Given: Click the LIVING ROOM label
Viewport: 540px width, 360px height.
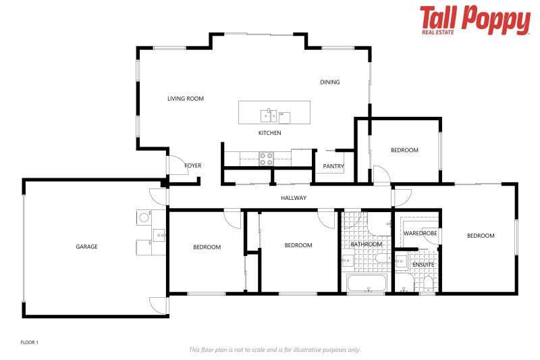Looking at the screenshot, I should pos(186,99).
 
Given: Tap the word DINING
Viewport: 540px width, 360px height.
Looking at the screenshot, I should pos(330,82).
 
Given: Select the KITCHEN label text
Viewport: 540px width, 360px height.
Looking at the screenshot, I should pos(270,133).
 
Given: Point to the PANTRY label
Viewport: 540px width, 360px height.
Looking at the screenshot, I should pos(333,166).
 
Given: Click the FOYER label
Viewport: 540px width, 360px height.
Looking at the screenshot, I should pos(193,165).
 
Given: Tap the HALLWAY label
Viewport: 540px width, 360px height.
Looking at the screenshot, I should pos(294,198).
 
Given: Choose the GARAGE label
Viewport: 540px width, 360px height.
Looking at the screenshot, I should pos(86,247).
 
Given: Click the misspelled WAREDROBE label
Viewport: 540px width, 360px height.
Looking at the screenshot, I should pos(420,233).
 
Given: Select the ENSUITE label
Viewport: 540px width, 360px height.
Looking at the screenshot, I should pos(414,265).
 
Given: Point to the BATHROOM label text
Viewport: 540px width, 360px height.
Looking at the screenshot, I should pos(367,245).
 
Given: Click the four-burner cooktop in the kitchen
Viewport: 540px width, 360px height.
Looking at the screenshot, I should pos(267,159).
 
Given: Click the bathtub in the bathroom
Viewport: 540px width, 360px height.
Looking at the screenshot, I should pos(367,284).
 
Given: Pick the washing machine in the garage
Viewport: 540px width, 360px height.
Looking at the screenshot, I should pos(144,217).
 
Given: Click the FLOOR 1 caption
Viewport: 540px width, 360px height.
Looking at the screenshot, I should pos(30,342).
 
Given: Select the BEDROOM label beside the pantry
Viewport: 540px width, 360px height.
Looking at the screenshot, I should pos(404,150).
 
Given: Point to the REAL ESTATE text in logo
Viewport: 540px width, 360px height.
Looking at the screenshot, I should pos(439,31).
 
